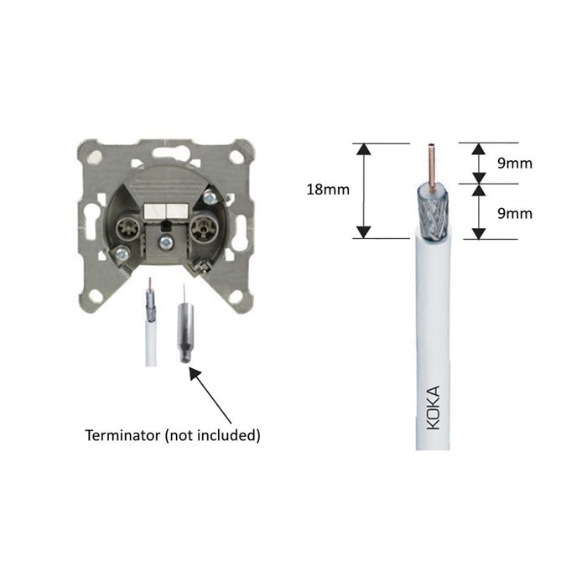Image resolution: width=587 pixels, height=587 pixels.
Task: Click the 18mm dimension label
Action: coord(328,190)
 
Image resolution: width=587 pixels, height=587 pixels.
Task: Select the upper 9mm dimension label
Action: coord(514,164)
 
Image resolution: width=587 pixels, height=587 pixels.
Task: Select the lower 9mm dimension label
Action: coord(514,214)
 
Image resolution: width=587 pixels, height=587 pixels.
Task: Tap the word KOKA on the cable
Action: coord(433,408)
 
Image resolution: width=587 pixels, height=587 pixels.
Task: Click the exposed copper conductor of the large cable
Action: coord(433,163)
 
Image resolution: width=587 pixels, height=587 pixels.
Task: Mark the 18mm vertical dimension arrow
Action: coord(363,190)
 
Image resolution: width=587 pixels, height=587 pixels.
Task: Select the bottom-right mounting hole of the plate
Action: coord(237,295)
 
